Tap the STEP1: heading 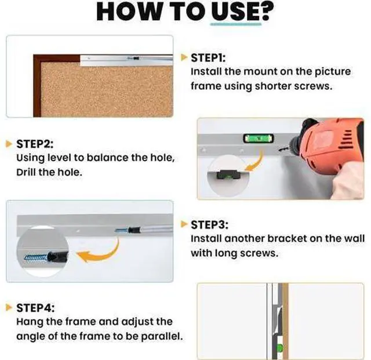pos(208,58)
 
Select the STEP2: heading pos(35,144)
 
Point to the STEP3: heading pos(210,225)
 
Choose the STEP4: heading pos(35,308)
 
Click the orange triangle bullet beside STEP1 pos(184,57)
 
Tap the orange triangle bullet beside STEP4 pos(9,307)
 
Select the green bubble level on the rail pos(259,139)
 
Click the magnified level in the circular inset pos(228,174)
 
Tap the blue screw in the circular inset pos(35,258)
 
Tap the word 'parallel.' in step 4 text pos(162,337)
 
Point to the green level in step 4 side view pos(280,348)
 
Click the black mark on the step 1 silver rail pos(136,58)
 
